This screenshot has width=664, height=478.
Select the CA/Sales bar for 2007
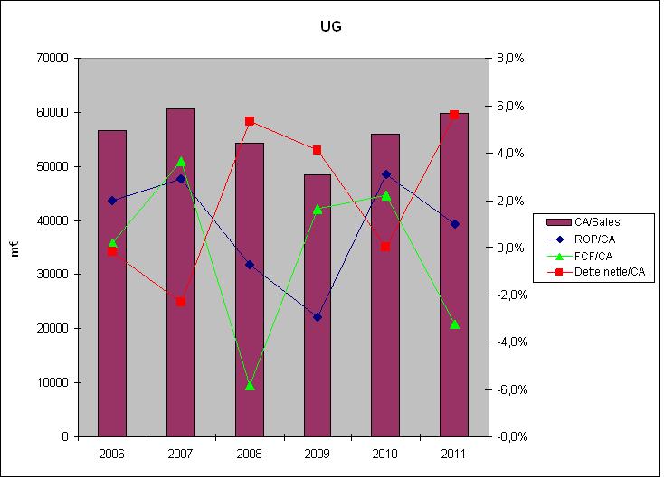[181, 271]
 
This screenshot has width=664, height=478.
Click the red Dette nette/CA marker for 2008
[250, 121]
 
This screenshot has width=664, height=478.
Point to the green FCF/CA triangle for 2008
[250, 386]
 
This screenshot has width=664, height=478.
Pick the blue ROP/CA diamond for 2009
[318, 317]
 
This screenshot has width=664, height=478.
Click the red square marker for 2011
[454, 115]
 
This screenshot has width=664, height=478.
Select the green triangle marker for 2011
[454, 324]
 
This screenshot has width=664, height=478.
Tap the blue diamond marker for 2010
[386, 174]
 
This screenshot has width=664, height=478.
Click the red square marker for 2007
[181, 302]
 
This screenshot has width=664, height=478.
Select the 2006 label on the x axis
[112, 453]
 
